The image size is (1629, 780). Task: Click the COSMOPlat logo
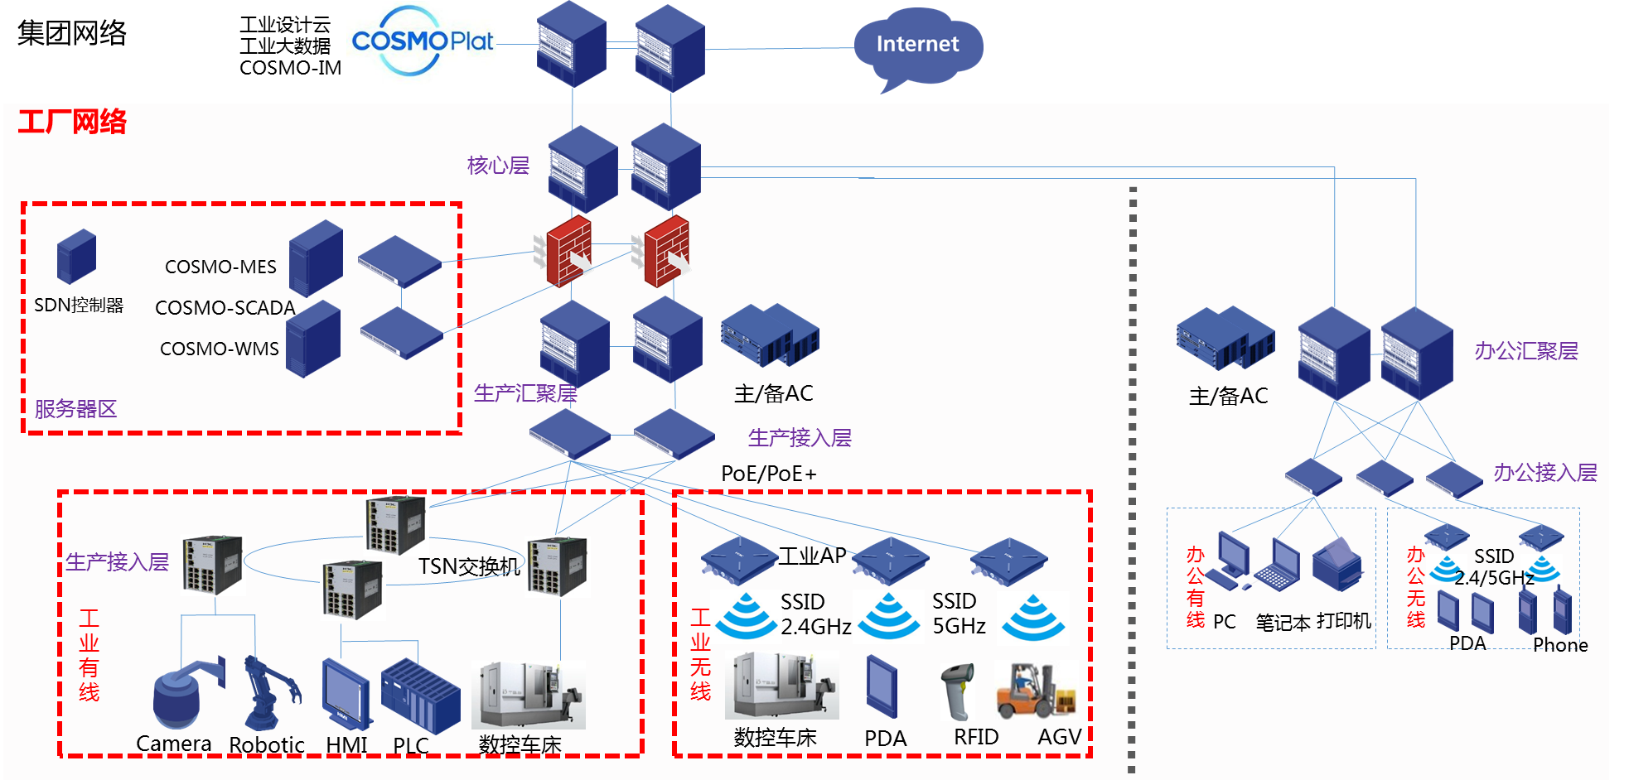[x=421, y=42]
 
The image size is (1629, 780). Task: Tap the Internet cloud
[x=917, y=46]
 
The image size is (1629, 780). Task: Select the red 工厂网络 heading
[x=72, y=122]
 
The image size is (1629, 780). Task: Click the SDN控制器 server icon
[x=76, y=257]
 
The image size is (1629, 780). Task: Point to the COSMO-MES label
[x=220, y=267]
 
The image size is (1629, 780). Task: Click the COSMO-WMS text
[x=220, y=349]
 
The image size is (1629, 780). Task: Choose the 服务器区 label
[x=75, y=409]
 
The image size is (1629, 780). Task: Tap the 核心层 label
[x=498, y=166]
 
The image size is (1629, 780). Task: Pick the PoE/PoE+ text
[x=769, y=474]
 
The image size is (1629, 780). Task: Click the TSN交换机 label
[x=469, y=566]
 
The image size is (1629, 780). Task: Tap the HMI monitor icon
[x=346, y=692]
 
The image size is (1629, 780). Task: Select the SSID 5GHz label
[x=959, y=614]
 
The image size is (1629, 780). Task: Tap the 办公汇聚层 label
[x=1526, y=351]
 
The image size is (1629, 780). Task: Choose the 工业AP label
[x=812, y=556]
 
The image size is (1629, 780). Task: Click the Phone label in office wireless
[x=1560, y=645]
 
